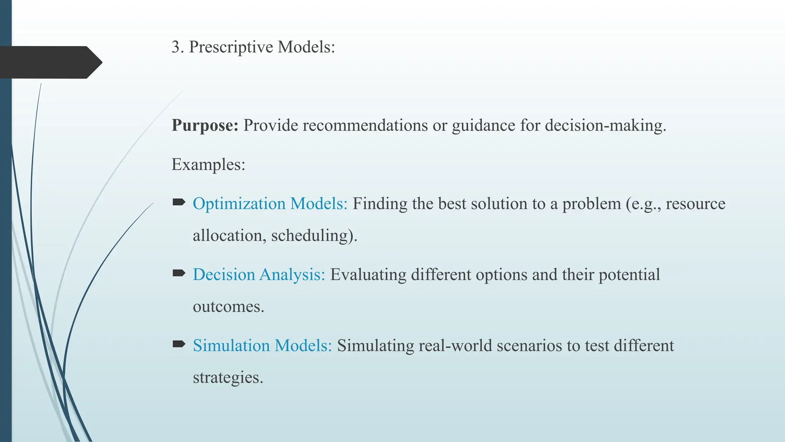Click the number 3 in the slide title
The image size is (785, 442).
click(176, 47)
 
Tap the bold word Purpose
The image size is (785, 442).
click(205, 126)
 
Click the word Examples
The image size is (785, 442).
click(208, 165)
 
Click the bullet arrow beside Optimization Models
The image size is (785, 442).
click(179, 202)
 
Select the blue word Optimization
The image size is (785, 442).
click(239, 204)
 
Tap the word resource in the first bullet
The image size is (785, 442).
click(695, 204)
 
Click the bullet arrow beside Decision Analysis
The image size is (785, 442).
click(179, 273)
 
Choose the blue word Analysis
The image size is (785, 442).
click(292, 275)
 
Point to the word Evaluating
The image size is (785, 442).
click(368, 275)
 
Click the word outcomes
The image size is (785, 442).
click(228, 307)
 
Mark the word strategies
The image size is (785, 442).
click(228, 378)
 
